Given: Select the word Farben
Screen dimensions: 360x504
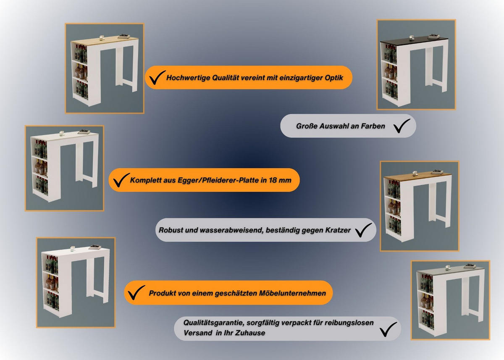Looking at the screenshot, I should (x=374, y=126).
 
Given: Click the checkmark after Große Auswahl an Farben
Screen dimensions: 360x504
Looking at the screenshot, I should (x=402, y=126).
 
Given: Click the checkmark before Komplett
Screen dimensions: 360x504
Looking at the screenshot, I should (x=120, y=180).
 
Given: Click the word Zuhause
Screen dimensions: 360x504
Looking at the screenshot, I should (x=252, y=333).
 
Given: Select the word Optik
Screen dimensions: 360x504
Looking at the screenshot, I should (x=334, y=78).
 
